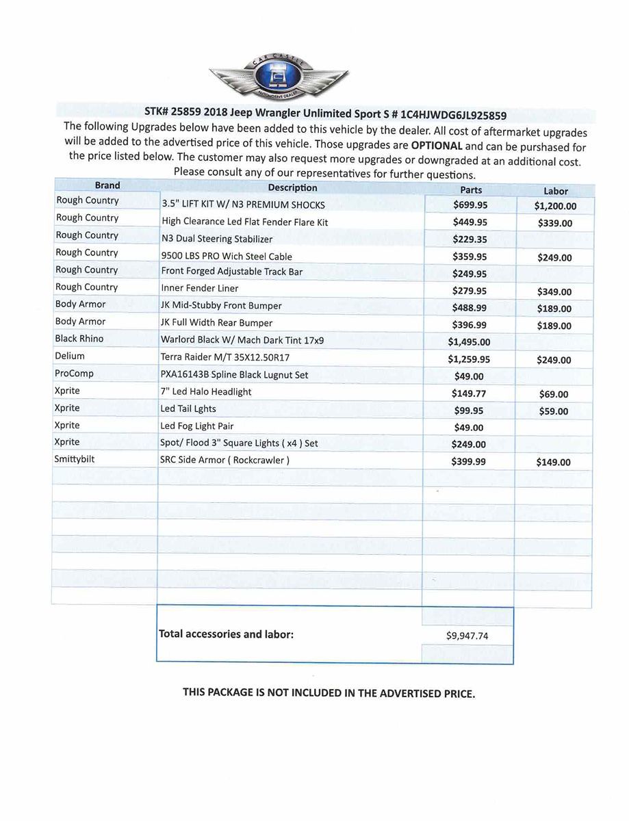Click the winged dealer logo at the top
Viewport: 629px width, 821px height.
(x=278, y=75)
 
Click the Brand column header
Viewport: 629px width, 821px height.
(x=107, y=185)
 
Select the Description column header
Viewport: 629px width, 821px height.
(x=292, y=187)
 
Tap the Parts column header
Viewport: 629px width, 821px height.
(x=471, y=190)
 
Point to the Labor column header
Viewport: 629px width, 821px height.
(x=556, y=191)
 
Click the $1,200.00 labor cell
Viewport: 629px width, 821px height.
(x=555, y=206)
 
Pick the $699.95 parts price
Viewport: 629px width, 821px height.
(x=470, y=205)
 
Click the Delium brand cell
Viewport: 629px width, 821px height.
(x=70, y=356)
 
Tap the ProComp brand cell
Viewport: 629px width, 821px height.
(x=74, y=374)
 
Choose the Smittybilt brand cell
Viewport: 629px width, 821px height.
(x=75, y=459)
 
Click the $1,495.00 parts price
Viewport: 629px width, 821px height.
(x=469, y=342)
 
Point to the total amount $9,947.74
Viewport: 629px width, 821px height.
(x=467, y=636)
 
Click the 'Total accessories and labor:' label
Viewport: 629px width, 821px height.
(x=226, y=634)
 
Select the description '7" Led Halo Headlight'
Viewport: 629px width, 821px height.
(x=206, y=392)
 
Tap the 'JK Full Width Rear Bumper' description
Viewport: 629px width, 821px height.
(x=216, y=323)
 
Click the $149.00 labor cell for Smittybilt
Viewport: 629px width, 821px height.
(x=553, y=462)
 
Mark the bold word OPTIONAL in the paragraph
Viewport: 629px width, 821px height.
(x=436, y=146)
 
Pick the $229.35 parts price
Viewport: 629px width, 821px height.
(x=470, y=239)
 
